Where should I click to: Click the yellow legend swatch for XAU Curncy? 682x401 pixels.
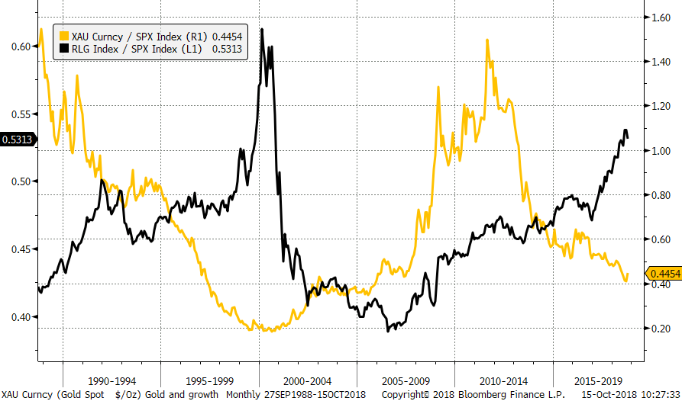point(62,35)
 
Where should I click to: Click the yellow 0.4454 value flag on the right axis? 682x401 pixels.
point(664,274)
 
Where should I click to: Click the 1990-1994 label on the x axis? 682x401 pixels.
point(112,379)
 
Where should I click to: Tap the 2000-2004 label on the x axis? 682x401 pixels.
point(308,379)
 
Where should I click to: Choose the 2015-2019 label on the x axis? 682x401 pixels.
point(600,379)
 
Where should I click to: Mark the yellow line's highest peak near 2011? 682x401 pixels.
point(486,40)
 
